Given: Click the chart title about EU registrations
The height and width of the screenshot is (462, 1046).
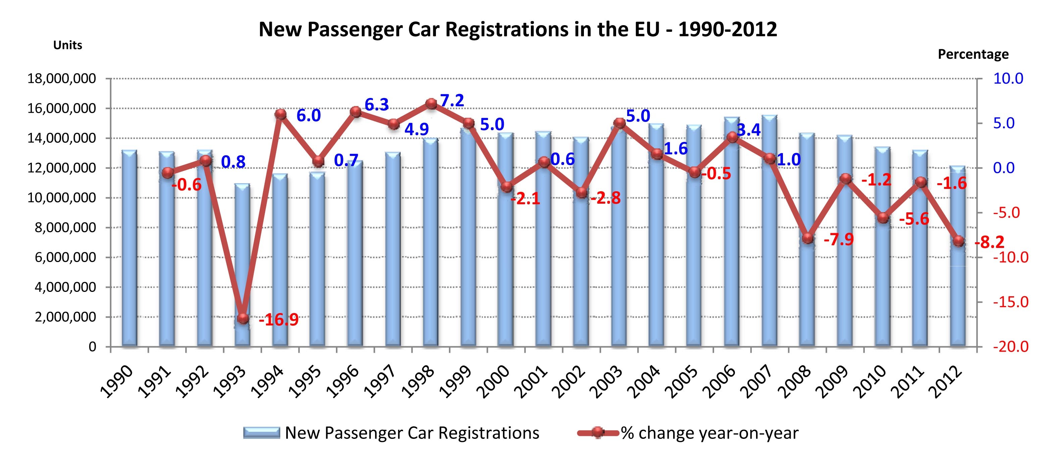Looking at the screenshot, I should click(x=518, y=29).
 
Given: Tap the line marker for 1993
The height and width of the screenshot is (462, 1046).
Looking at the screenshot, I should click(x=243, y=319).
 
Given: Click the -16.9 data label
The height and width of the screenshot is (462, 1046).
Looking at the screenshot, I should click(x=279, y=320).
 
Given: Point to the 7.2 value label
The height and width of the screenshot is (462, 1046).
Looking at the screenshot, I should click(x=452, y=101).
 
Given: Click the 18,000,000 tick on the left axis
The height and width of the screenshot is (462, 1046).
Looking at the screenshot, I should click(x=62, y=79).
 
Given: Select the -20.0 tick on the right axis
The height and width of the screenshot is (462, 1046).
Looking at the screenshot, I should click(x=1011, y=347).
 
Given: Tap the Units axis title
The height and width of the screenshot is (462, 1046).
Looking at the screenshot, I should click(x=67, y=45).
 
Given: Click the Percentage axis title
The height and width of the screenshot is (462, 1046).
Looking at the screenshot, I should click(x=973, y=54).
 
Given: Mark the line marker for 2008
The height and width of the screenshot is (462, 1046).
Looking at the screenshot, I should click(x=808, y=238).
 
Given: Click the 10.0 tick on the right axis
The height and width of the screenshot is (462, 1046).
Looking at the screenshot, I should click(x=1008, y=79).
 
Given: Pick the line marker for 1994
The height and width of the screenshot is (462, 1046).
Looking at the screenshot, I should click(x=281, y=114).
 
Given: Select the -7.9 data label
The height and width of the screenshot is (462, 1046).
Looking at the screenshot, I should click(x=839, y=240).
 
